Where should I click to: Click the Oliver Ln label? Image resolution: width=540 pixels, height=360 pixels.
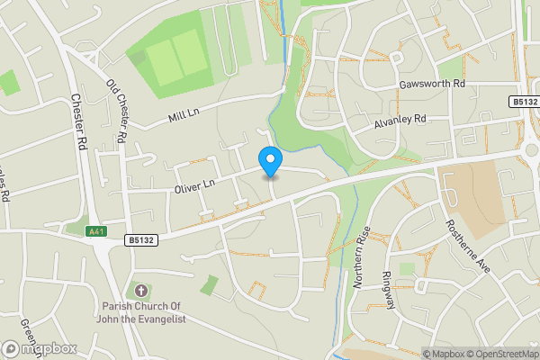click(x=194, y=185)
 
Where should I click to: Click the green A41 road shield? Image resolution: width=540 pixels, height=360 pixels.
click(x=98, y=231)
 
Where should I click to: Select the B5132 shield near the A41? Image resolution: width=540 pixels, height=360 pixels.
click(x=139, y=240)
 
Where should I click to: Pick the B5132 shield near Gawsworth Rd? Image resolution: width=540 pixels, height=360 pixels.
click(x=524, y=103)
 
